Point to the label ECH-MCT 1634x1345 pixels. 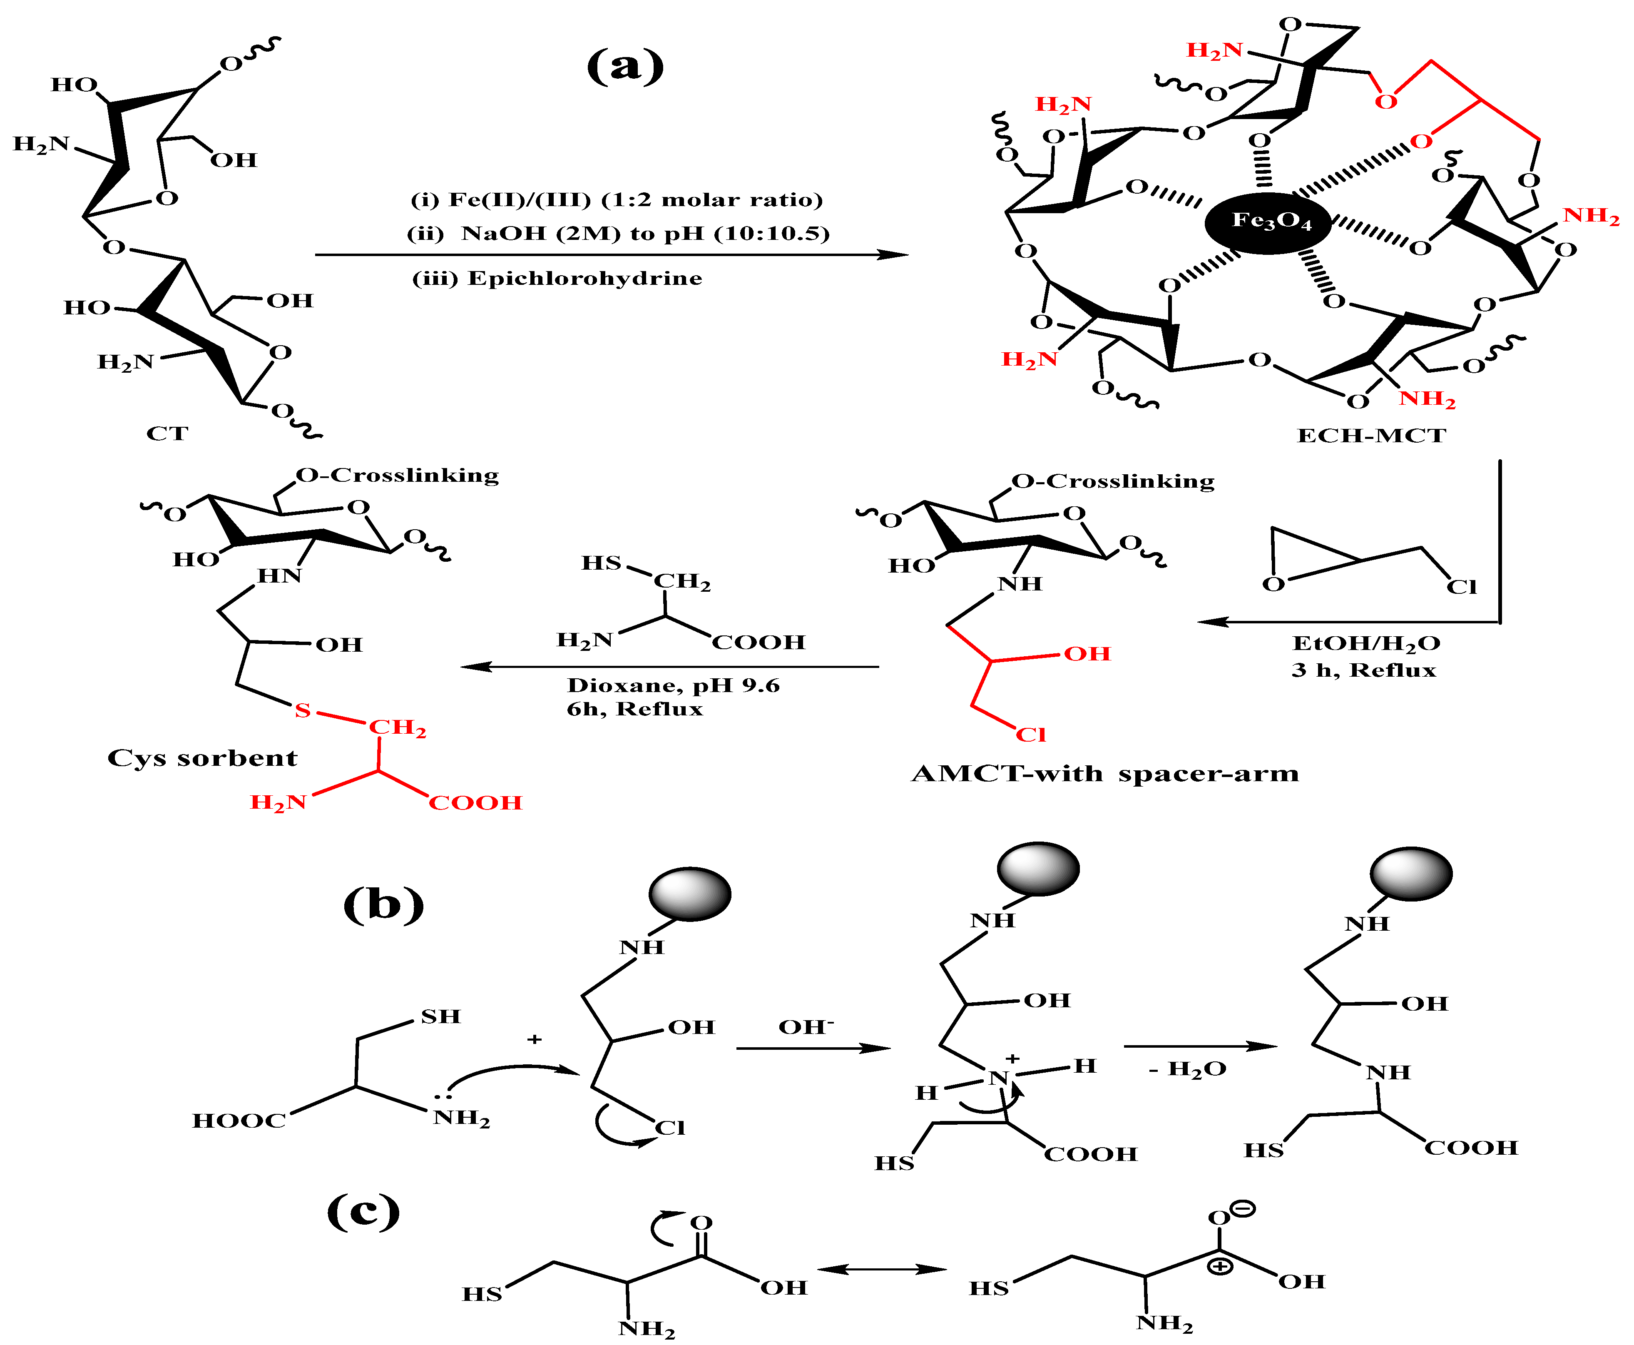click(x=1371, y=436)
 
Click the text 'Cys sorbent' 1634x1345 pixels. click(x=202, y=758)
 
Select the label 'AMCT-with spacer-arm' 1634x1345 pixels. click(x=1105, y=773)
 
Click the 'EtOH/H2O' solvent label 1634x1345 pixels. click(x=1366, y=643)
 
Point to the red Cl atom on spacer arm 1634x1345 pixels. click(x=1031, y=734)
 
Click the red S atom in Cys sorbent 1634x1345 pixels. click(x=303, y=710)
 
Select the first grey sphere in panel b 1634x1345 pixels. click(x=689, y=894)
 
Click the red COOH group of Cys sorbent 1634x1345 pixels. click(x=475, y=803)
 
